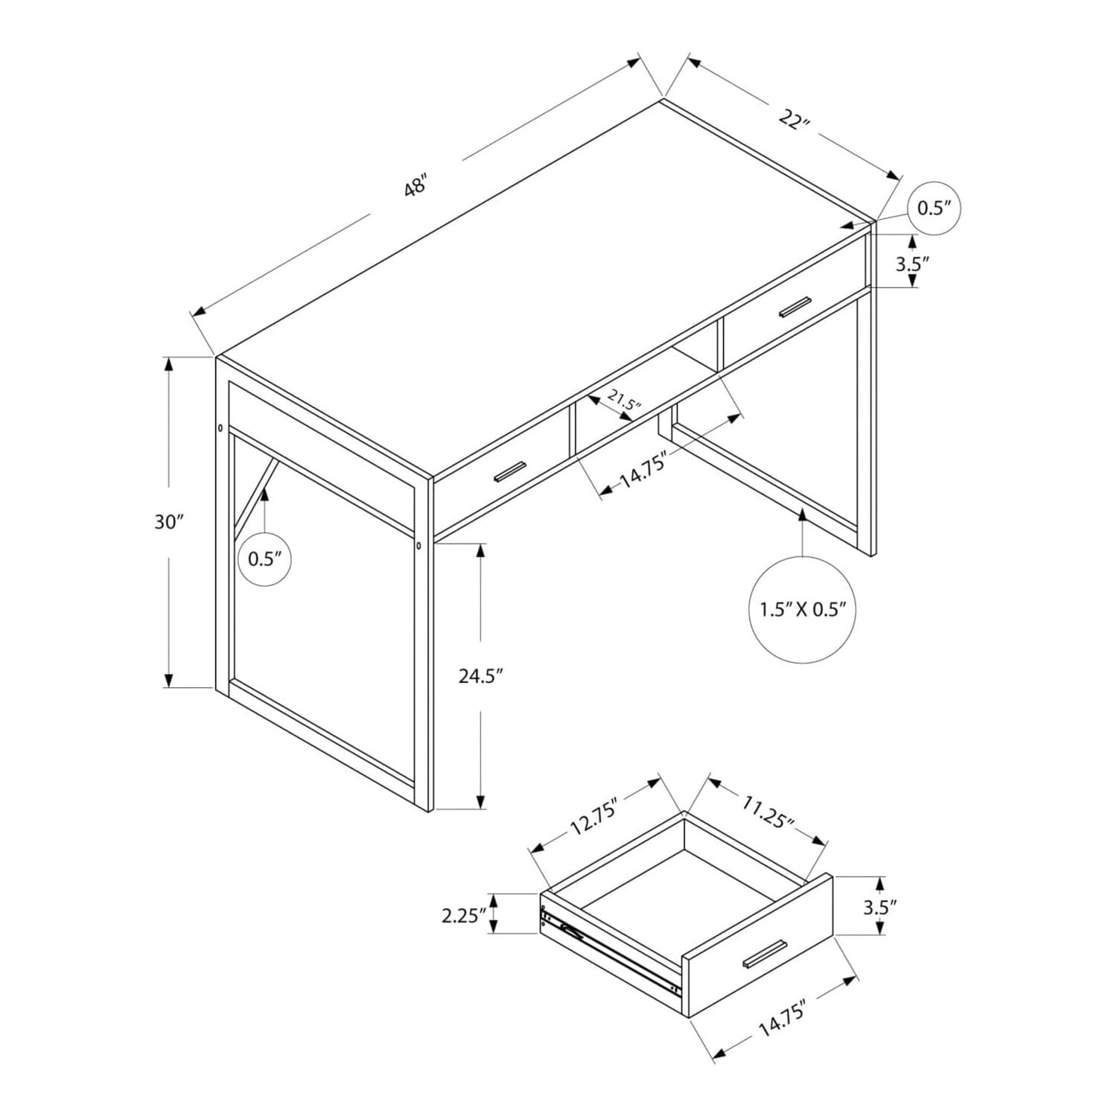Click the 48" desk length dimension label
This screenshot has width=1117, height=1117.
click(415, 185)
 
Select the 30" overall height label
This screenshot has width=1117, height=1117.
click(169, 522)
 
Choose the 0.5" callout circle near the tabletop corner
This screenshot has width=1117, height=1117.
click(935, 208)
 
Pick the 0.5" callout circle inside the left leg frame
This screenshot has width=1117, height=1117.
click(264, 559)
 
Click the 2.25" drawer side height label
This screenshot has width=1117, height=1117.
click(463, 914)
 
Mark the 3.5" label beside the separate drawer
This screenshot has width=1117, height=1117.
click(880, 906)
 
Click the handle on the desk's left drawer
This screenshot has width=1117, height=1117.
click(509, 471)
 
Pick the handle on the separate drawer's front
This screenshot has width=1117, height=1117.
click(763, 955)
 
